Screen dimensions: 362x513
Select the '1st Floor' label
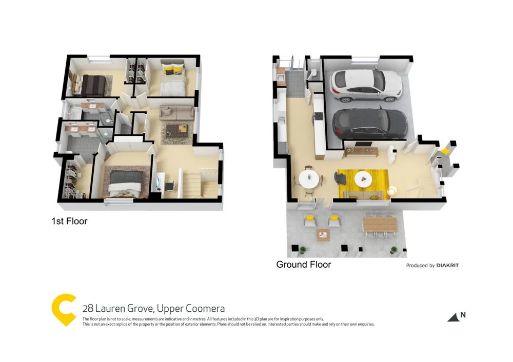[x=69, y=222]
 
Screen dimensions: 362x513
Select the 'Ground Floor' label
[x=303, y=265]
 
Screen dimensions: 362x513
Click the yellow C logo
[x=64, y=309]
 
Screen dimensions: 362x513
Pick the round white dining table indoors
[x=309, y=179]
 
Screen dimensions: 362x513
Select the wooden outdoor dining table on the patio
[x=380, y=225]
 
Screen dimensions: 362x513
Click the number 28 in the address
[x=88, y=309]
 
